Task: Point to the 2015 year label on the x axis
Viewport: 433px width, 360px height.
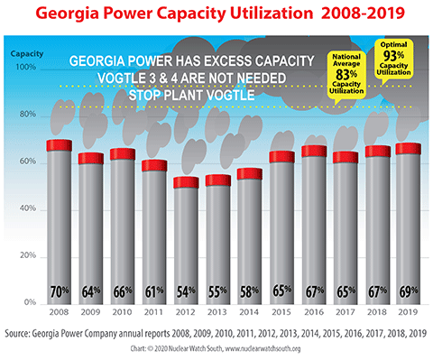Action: pos(281,311)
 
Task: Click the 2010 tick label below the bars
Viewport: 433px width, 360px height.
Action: pos(122,311)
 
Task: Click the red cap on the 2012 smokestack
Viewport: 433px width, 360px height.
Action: pos(186,182)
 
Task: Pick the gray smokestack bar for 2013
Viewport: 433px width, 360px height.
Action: pos(217,244)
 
